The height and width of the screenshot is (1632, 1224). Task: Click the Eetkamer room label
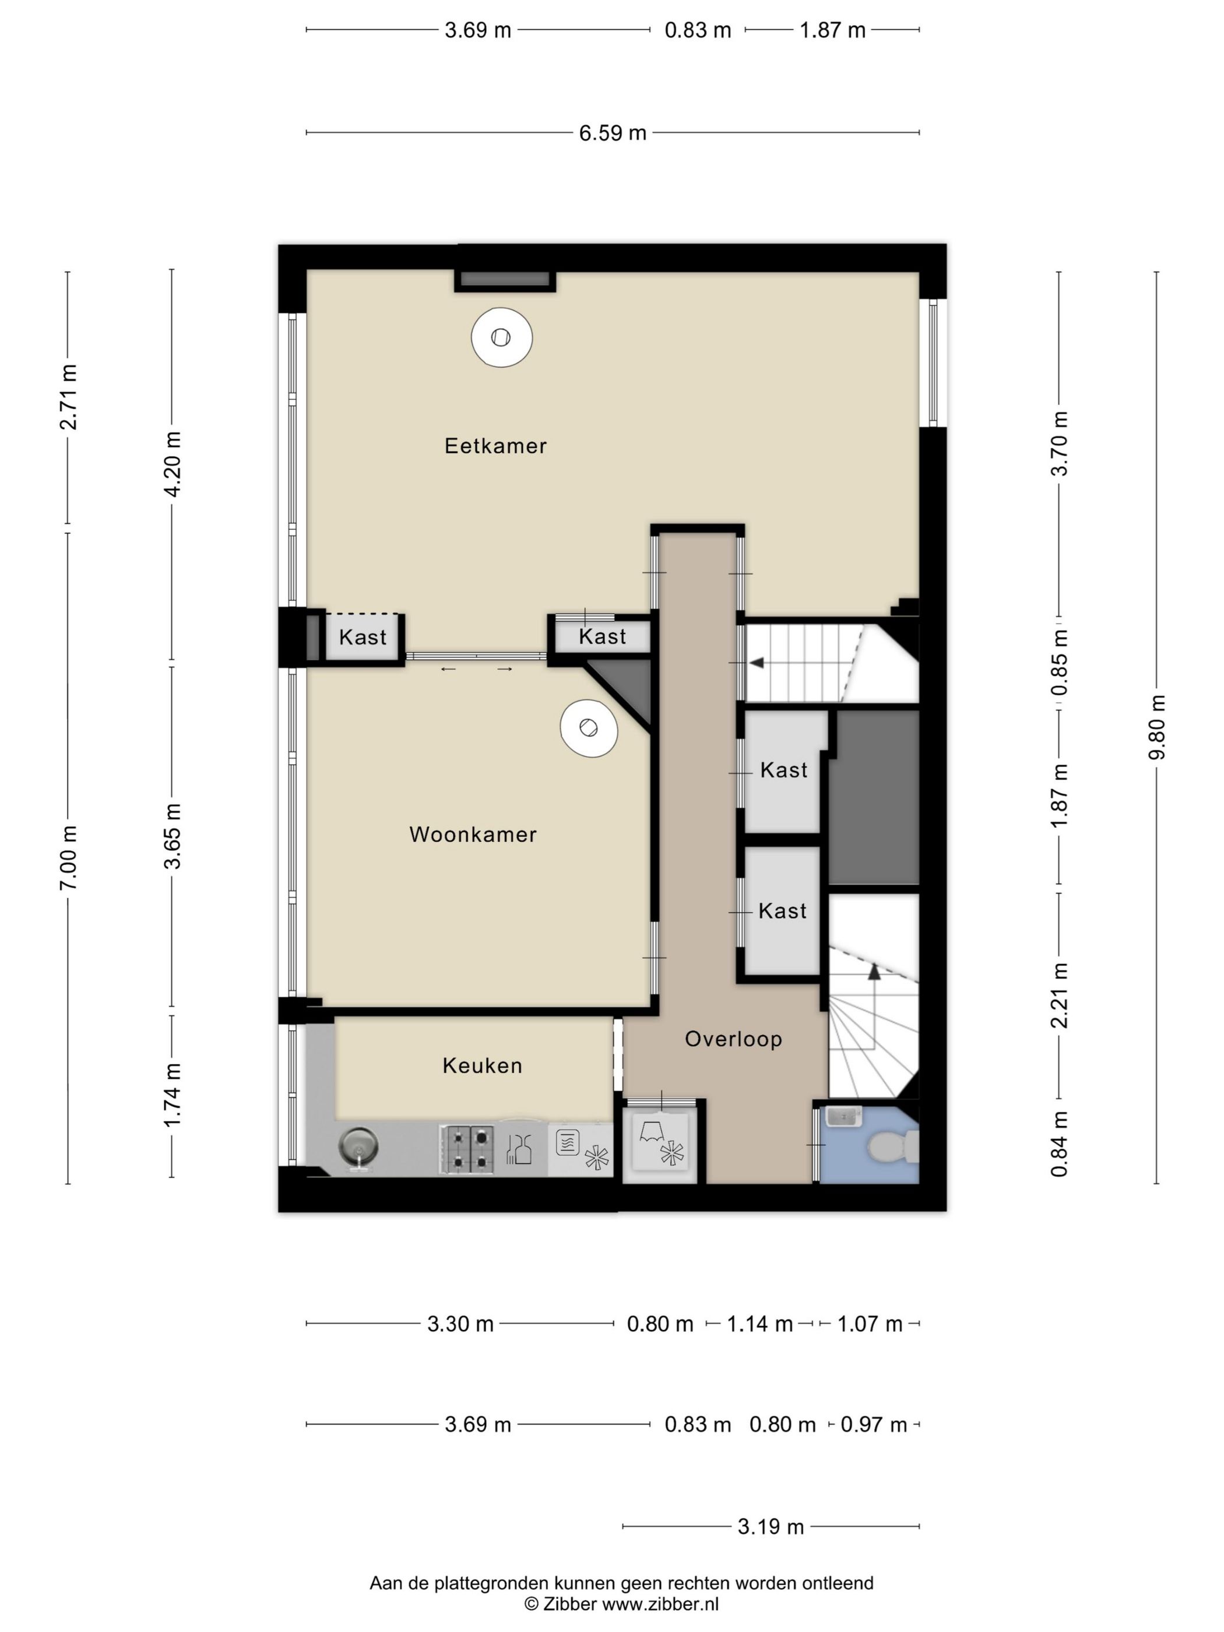[495, 446]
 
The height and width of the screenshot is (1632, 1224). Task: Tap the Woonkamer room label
[473, 835]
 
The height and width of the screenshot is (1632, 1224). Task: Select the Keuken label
[483, 1065]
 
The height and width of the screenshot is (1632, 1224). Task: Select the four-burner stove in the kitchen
[467, 1149]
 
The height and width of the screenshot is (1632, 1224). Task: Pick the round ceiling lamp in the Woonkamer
[588, 727]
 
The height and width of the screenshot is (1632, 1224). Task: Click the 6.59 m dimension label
[613, 133]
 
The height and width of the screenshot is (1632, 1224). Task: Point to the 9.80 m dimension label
[1157, 727]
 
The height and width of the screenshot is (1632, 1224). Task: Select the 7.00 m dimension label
[69, 857]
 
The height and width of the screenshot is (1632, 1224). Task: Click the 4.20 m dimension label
[172, 464]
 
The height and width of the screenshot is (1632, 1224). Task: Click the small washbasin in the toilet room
[843, 1116]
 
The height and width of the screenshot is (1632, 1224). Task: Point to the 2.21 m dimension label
[1060, 996]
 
